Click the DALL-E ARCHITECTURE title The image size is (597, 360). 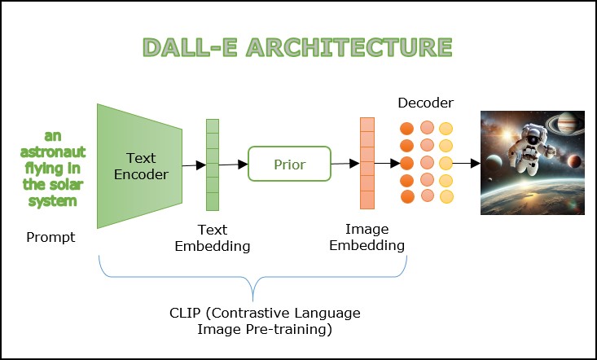pos(299,48)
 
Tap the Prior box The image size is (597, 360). pos(289,165)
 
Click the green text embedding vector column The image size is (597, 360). pos(213,165)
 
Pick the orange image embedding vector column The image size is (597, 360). pos(367,164)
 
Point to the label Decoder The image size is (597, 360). pos(425,103)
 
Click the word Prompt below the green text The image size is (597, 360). pos(50,237)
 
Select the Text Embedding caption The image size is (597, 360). pos(213,238)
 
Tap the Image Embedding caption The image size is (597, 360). pos(367,238)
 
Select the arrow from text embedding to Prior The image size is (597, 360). pos(234,165)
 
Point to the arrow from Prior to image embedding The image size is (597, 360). pos(345,164)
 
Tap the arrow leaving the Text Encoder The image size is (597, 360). pos(193,165)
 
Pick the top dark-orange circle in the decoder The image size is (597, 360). pos(407,129)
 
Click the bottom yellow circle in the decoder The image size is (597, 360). pos(446,196)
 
